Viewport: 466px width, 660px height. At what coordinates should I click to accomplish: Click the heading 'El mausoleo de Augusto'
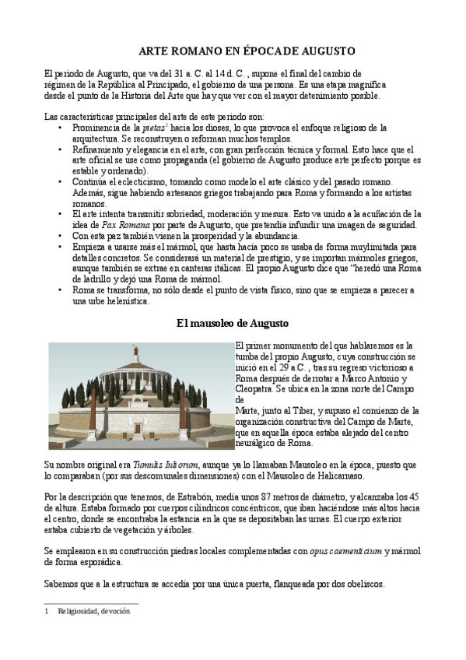click(x=233, y=322)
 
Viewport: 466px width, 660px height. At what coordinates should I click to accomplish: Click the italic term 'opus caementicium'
click(x=345, y=551)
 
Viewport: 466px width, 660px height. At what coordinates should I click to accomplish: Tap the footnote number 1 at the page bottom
click(x=47, y=611)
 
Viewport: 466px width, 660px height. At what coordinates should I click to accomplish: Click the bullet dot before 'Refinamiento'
click(x=61, y=149)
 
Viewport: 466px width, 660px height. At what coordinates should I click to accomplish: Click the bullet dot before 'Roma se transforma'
click(x=61, y=290)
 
